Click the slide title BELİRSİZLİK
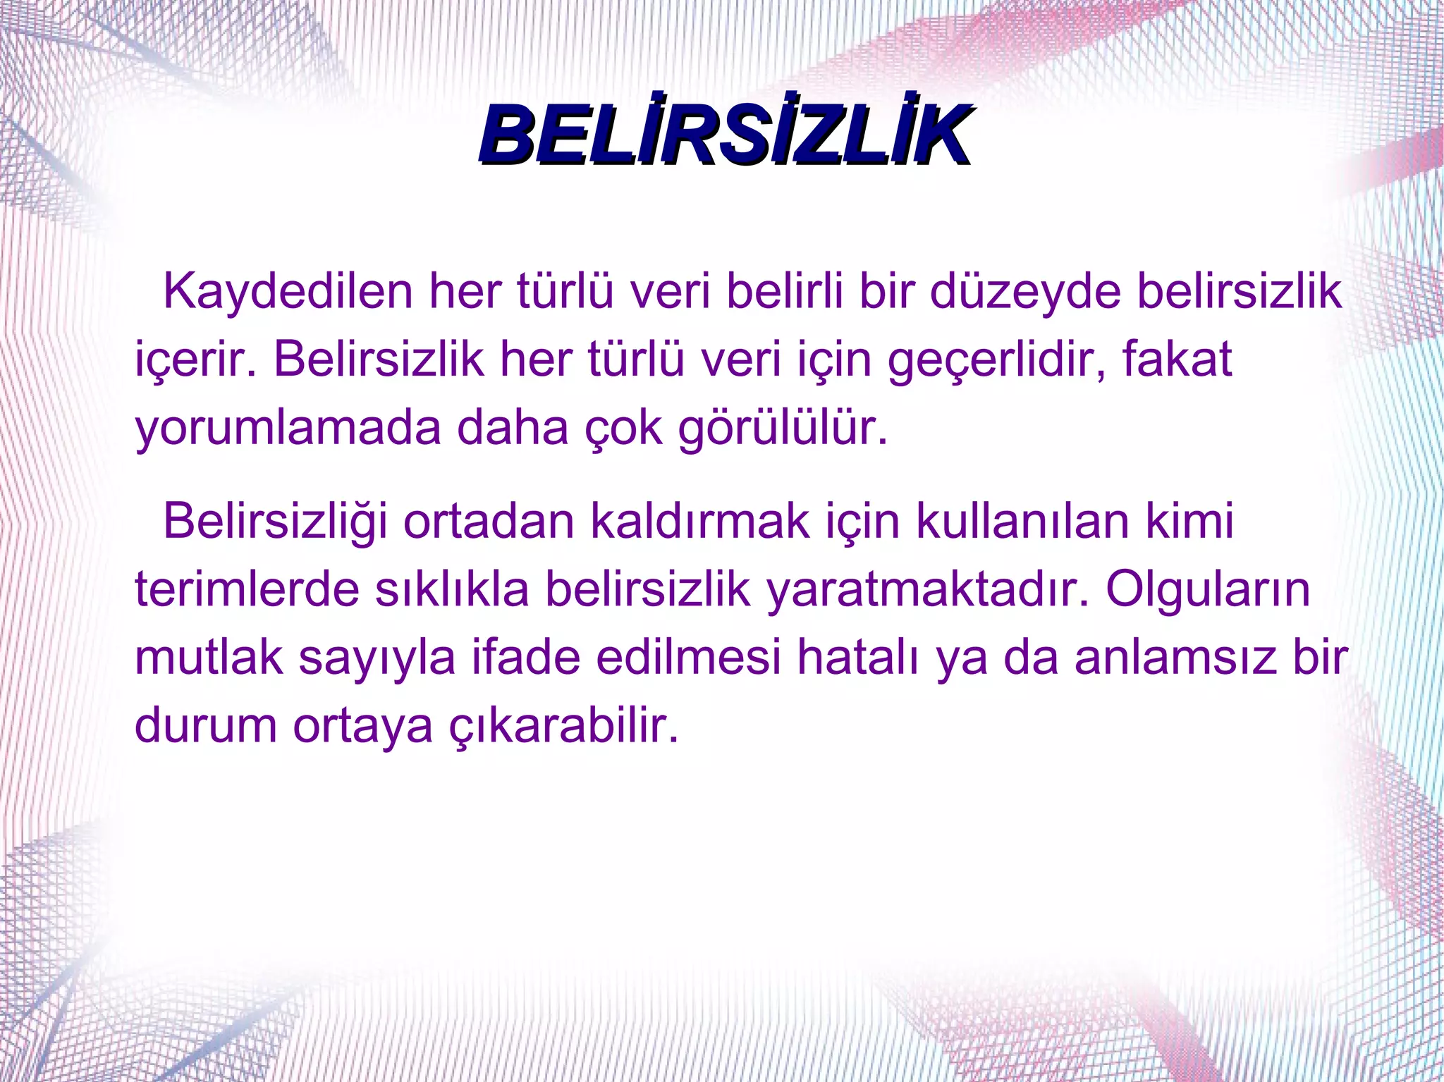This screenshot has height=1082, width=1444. (725, 135)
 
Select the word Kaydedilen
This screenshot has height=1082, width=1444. (288, 292)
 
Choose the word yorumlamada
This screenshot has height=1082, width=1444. (288, 428)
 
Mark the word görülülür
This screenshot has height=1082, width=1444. (783, 428)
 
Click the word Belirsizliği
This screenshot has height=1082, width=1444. (275, 522)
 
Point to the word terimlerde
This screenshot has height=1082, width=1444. (247, 589)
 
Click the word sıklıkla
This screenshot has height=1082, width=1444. (452, 589)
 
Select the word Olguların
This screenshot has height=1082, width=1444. (1208, 589)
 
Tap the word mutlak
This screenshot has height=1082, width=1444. (209, 657)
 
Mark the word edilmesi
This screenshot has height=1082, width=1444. (688, 657)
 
